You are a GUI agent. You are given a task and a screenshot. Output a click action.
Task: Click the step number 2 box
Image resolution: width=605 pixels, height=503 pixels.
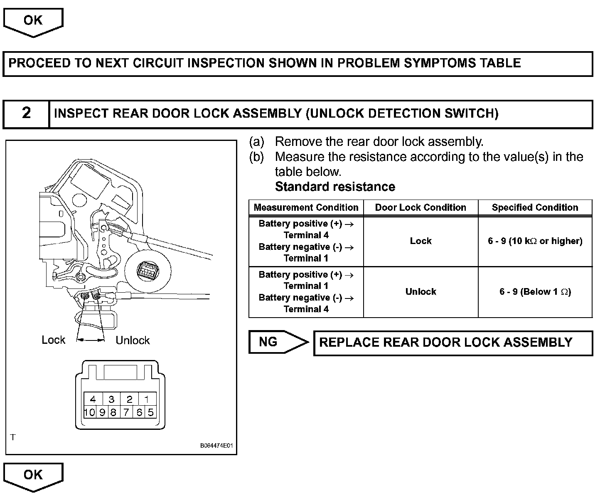tap(26, 113)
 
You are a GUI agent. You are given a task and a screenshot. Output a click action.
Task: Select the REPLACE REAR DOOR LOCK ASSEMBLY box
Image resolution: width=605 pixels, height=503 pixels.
tap(453, 343)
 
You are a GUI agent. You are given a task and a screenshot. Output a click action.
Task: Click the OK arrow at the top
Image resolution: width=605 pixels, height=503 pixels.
tap(33, 21)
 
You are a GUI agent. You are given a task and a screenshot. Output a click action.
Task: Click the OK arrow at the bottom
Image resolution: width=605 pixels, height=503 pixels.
tap(33, 475)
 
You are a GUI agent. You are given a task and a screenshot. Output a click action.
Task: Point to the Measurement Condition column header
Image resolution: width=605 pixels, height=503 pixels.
tap(306, 207)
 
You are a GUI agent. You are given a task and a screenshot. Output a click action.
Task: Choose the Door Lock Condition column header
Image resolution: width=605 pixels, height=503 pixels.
tap(421, 207)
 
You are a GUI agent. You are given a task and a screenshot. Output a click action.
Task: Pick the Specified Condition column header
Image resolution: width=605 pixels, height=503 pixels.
tap(535, 207)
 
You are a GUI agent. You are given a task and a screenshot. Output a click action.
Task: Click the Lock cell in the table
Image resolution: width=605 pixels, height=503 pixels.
tap(421, 241)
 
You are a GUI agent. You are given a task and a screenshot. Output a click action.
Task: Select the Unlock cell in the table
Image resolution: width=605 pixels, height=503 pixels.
tap(421, 292)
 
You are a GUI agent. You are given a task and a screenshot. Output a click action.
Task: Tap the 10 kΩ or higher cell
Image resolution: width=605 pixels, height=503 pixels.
tap(535, 241)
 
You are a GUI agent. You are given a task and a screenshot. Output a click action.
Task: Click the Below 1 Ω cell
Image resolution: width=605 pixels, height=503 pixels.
tap(535, 292)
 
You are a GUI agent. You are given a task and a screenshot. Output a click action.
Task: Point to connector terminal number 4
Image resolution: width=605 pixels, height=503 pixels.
tap(93, 399)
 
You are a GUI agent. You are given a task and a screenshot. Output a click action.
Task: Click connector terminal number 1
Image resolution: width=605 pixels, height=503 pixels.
tap(147, 399)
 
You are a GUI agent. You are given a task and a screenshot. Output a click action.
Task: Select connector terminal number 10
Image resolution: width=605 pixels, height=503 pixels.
tap(89, 412)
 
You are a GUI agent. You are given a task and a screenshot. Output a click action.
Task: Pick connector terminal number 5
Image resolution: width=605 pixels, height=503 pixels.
tap(150, 412)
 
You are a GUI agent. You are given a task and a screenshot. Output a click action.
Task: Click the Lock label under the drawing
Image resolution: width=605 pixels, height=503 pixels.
tap(54, 340)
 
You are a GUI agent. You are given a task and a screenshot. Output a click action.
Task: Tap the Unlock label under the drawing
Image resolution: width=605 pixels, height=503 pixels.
tap(133, 340)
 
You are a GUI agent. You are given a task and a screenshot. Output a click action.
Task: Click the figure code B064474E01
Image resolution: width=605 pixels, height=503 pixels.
tap(216, 446)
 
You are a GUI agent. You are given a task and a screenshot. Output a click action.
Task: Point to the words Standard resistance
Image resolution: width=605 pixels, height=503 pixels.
tap(335, 187)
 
